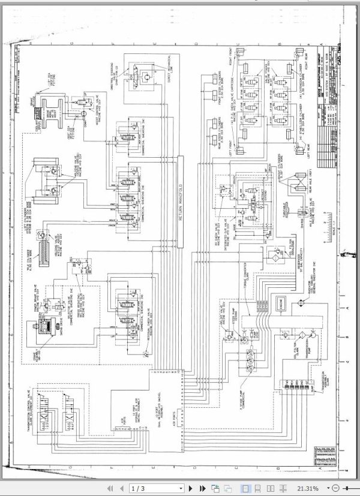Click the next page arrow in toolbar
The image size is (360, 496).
(x=191, y=488)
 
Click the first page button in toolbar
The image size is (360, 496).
(x=109, y=488)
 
